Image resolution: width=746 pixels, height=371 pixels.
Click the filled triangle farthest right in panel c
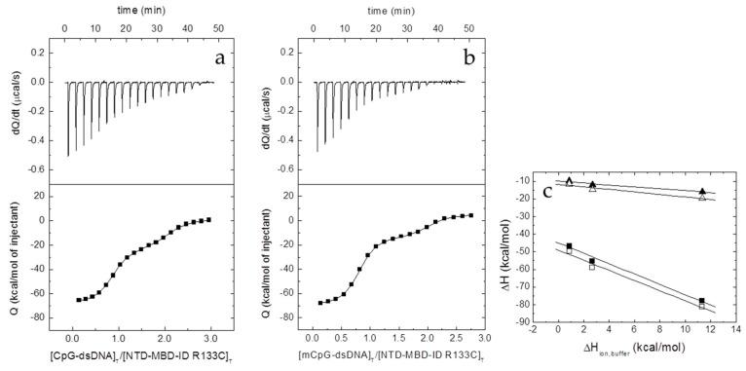tap(702, 192)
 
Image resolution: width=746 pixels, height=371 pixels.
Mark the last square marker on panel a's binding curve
tap(208, 219)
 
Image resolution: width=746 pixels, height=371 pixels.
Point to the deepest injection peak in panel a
tap(68, 154)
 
